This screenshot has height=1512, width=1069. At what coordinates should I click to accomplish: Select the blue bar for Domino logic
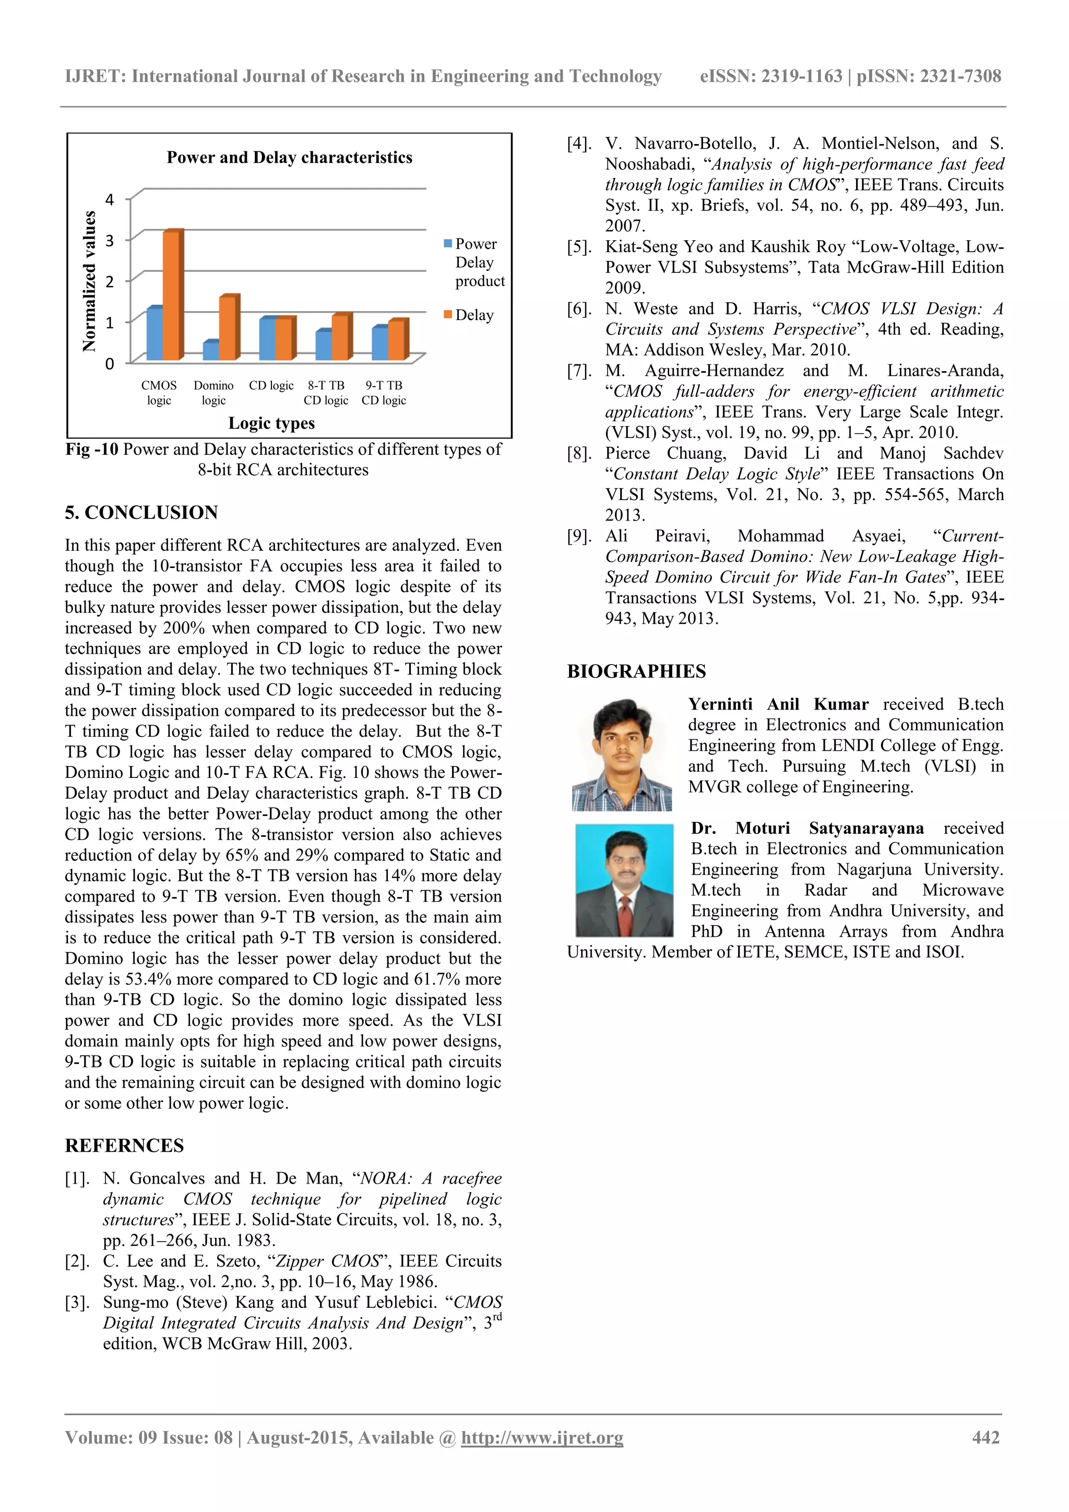click(211, 351)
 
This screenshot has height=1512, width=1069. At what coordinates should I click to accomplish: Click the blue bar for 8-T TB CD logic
click(323, 345)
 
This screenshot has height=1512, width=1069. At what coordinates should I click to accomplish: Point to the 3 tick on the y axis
click(110, 240)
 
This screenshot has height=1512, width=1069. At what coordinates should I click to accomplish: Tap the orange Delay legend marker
click(448, 315)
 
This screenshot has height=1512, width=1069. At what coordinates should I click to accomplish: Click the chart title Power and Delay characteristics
click(289, 157)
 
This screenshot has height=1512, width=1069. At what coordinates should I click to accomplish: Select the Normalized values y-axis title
click(89, 281)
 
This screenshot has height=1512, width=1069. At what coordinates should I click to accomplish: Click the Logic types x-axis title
click(271, 423)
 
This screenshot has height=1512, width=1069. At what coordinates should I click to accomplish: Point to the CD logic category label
click(271, 386)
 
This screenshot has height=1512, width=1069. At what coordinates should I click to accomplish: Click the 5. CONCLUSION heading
click(141, 512)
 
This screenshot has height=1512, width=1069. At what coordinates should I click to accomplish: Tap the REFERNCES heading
click(124, 1145)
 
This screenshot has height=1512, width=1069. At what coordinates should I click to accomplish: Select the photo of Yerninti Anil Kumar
click(622, 754)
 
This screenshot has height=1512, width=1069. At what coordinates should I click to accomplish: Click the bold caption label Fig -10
click(91, 449)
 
